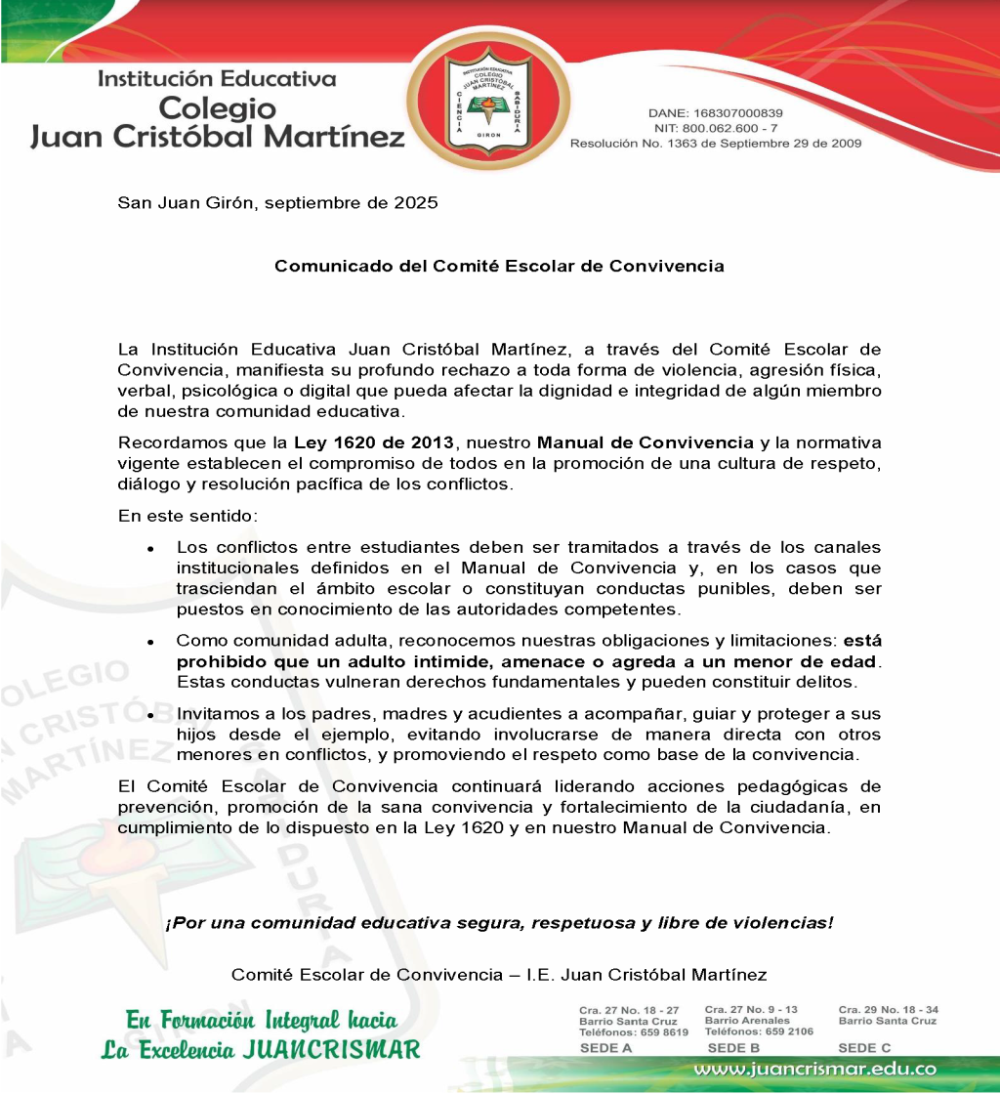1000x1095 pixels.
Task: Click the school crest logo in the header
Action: click(487, 105)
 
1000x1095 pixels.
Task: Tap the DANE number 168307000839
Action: click(740, 113)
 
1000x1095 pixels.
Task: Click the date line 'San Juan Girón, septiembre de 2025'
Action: click(277, 203)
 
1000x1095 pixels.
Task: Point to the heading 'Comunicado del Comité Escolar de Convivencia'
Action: click(499, 266)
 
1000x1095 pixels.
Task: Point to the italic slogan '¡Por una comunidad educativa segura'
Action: click(499, 923)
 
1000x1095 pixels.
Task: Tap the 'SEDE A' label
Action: click(605, 1048)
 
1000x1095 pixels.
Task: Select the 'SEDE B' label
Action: click(733, 1048)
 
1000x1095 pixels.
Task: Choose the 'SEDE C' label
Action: click(864, 1048)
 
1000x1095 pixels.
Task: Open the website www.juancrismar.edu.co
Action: click(814, 1069)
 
